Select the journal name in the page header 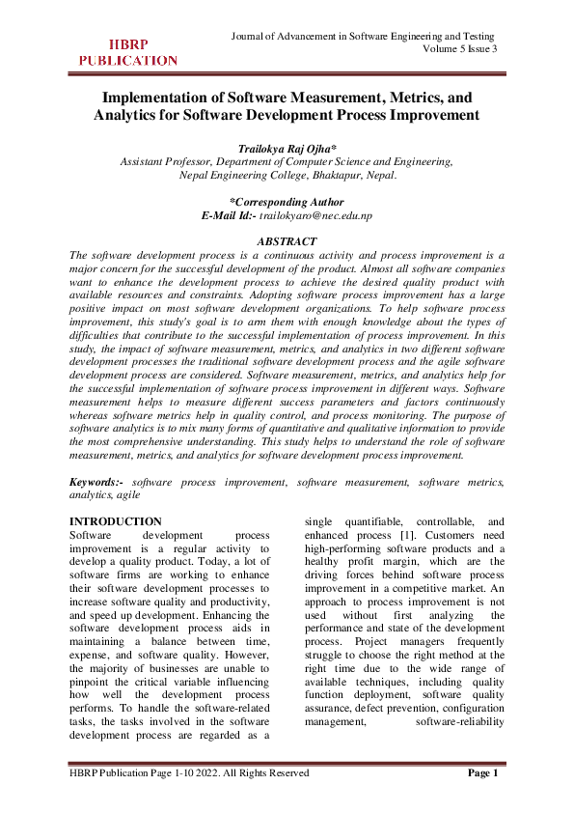coord(364,36)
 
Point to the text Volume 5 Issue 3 coord(460,49)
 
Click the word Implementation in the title coord(157,98)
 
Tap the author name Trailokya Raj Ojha coord(286,148)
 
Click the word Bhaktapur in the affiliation coord(326,176)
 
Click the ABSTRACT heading coord(287,240)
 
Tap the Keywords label coord(97,480)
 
